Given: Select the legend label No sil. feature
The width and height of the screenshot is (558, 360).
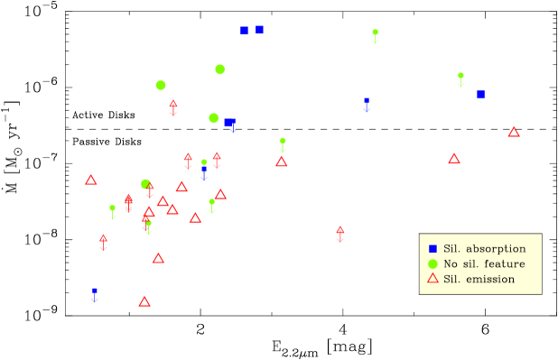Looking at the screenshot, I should click(484, 263).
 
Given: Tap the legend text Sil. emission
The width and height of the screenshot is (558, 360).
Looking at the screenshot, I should click(479, 279).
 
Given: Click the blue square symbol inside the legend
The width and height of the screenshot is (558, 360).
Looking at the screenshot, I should click(432, 248).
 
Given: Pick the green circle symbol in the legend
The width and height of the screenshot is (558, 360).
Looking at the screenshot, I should click(432, 263).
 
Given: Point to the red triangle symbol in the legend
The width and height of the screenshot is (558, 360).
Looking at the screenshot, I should click(432, 279).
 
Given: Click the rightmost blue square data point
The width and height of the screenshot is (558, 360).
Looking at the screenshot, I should click(481, 94).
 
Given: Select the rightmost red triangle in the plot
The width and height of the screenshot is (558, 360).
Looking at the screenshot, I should click(514, 132).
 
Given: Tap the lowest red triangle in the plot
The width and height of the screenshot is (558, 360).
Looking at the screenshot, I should click(144, 301).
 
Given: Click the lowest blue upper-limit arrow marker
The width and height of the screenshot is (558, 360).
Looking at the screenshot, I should click(95, 294).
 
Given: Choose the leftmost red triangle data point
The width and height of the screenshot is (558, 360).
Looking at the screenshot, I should click(91, 180).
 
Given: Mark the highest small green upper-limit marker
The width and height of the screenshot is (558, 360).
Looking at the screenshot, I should click(376, 34).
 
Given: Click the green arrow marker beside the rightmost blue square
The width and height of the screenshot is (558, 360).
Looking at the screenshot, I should click(460, 78).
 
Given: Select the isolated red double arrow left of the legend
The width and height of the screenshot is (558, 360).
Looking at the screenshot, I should click(340, 234).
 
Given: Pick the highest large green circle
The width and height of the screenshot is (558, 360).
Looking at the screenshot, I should click(219, 69).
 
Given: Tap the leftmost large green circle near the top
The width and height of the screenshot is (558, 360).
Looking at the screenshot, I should click(161, 85).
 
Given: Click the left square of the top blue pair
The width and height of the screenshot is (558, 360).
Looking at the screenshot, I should click(244, 31).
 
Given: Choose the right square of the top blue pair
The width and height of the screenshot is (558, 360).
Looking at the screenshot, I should click(259, 30).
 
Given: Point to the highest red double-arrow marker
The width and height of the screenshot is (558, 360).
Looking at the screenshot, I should click(173, 107).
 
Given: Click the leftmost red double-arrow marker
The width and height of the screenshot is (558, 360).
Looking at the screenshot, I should click(103, 242).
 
